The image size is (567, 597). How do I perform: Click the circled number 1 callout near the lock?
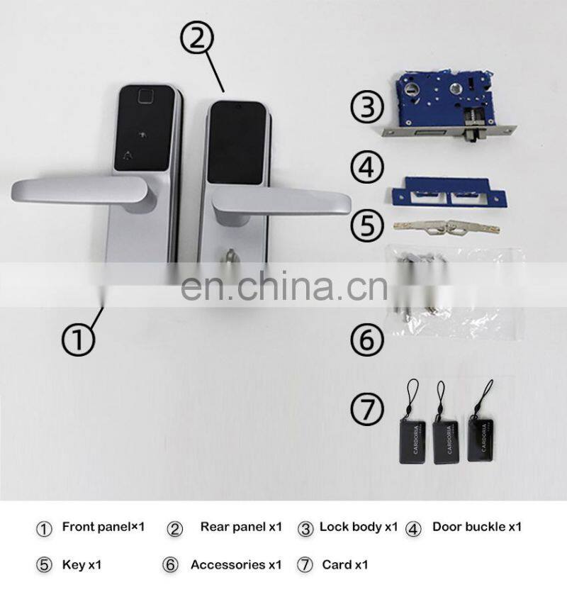(79, 340)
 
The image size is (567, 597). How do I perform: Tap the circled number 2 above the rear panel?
(198, 35)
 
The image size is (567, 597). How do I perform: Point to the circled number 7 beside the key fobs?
(368, 409)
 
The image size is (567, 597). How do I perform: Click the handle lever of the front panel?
(78, 191)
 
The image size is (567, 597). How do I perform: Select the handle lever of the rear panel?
(283, 201)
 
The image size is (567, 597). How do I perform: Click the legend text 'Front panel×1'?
(103, 527)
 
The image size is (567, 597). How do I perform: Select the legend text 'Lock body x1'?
(358, 527)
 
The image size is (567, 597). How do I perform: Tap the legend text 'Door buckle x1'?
(476, 527)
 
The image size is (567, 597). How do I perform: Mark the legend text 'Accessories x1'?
(235, 565)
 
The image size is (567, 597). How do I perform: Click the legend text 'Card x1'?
(344, 565)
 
